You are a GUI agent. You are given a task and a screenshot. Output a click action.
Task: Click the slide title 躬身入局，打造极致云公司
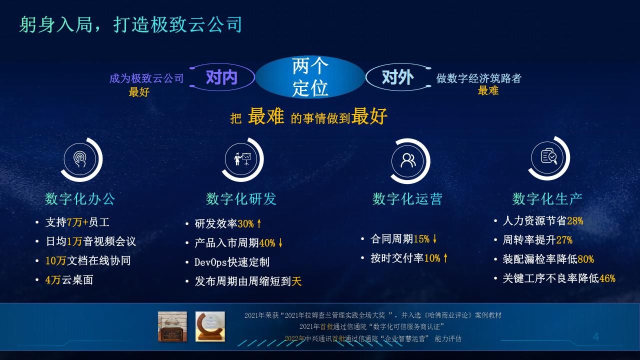coord(130,24)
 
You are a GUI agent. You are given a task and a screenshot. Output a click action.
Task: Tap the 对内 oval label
coord(221,77)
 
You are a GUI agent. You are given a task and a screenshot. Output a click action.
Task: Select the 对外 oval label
coord(398,77)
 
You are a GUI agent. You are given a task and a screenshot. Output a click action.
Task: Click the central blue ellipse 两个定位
coord(310,77)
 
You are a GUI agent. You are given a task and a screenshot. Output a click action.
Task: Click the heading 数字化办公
coord(79,199)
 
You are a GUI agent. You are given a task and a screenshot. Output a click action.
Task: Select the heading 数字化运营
coord(407,199)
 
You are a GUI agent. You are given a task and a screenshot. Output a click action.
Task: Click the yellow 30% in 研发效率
coord(245,223)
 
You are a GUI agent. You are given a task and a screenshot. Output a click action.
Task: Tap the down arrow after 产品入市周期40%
coord(280,243)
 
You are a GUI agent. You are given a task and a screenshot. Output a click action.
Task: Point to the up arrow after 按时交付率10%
coord(445,258)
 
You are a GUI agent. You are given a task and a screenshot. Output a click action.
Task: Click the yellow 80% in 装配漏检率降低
coord(585,259)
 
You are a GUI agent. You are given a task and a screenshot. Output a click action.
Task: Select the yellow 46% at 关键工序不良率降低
coord(607,278)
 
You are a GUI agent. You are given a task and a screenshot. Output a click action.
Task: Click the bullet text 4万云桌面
coord(69,279)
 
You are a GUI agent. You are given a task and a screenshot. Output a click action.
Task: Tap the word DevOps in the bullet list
coord(210,262)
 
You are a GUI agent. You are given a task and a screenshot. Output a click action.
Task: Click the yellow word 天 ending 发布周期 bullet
coord(296,281)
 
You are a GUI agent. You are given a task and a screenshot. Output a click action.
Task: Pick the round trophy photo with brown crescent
coord(210,326)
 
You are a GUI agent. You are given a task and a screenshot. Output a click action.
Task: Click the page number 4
coord(595,336)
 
